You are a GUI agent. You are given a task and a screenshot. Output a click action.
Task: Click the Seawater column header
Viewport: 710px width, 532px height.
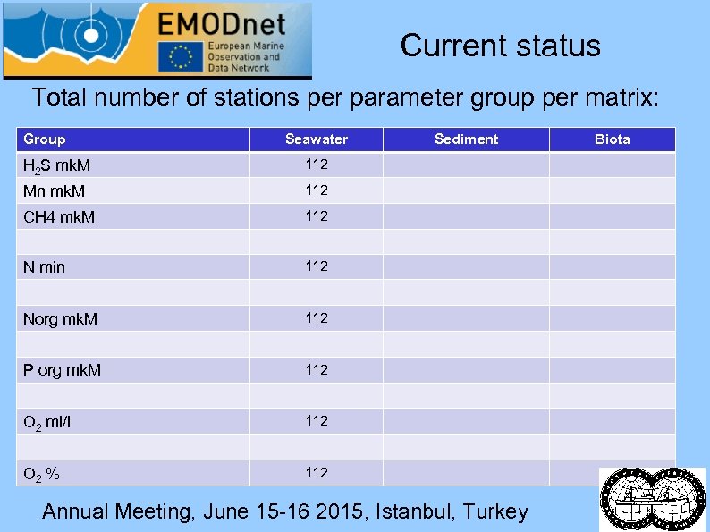pos(316,139)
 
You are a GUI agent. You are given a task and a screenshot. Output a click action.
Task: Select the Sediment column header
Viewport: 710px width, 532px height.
pos(466,139)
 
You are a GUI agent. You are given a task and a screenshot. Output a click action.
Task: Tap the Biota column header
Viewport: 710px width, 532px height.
pos(612,139)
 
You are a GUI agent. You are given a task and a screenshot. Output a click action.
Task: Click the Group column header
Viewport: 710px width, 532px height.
pos(45,139)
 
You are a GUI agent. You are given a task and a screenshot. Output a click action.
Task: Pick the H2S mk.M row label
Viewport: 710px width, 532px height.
pos(56,165)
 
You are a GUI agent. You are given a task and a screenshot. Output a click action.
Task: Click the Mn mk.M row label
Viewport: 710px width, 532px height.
pos(55,190)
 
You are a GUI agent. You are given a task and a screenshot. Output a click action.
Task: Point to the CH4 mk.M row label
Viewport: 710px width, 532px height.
pos(59,216)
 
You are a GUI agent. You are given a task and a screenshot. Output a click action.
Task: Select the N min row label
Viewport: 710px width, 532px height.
pos(44,266)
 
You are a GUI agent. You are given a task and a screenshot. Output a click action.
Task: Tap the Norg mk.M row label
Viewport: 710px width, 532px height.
pos(61,318)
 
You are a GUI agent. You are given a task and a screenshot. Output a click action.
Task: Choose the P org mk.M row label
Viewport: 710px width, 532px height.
pos(63,369)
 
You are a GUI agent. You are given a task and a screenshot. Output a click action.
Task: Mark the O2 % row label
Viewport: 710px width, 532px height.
pos(42,473)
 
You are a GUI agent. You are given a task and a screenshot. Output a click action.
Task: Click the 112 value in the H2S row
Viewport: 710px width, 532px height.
pos(317,165)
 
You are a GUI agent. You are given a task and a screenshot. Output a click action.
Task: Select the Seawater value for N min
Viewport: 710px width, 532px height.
pos(317,266)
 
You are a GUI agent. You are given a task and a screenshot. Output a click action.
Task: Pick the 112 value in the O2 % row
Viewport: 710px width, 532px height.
pos(317,472)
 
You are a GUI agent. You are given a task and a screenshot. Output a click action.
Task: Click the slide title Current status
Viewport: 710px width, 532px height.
pos(500,46)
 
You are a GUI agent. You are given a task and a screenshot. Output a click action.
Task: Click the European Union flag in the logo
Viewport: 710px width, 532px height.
pos(181,55)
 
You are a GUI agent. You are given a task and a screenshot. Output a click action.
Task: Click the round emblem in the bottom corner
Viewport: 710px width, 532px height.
pos(652,499)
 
